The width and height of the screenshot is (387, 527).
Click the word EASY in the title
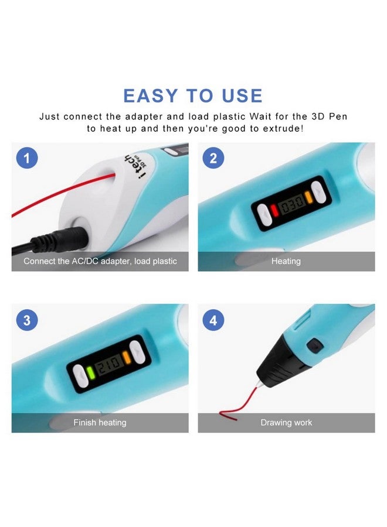150,95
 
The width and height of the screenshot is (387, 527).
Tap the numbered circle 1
27,158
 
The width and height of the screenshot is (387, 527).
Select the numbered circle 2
213,158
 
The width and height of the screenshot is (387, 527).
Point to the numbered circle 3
27,320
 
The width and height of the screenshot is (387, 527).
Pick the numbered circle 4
213,320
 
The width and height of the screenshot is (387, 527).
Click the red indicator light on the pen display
274,210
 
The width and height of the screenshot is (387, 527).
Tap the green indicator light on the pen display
90,372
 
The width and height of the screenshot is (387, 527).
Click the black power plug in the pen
59,239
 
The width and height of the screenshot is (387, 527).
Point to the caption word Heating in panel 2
286,261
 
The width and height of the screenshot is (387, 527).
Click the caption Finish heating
100,422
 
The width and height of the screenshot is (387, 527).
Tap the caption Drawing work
286,422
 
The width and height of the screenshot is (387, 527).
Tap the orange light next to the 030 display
309,197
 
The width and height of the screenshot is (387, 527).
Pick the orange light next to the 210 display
127,357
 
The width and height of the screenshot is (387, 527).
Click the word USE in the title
242,95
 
